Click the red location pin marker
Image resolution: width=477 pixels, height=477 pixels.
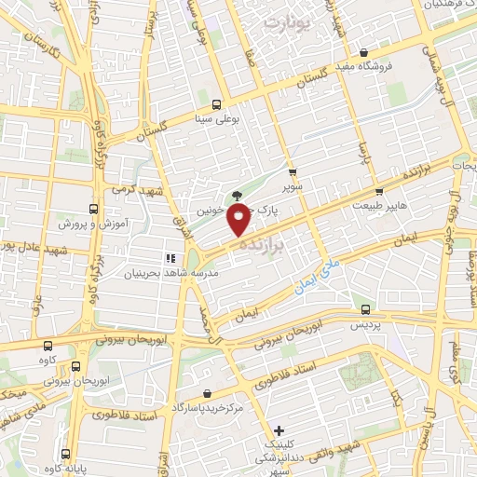241,220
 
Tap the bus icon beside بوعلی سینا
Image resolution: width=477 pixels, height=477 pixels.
216,104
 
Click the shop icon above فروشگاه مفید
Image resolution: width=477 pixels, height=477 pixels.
363,52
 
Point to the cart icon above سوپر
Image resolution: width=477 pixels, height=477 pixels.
293,172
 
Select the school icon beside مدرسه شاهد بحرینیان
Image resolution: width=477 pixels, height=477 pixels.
170,258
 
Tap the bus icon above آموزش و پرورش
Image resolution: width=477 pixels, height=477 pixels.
92,209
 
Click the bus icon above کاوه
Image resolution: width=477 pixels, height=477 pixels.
75,367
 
